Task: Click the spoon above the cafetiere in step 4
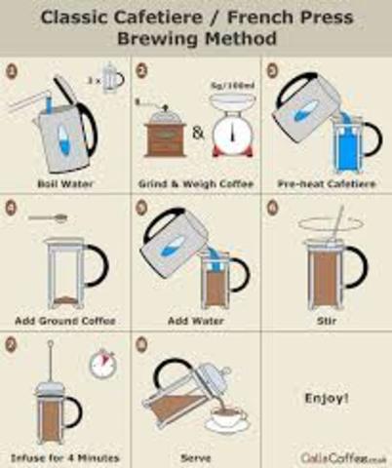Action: [x=48, y=218]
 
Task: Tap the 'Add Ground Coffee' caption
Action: [x=66, y=320]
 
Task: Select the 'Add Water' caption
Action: [x=195, y=320]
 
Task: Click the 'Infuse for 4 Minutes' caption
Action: [x=64, y=456]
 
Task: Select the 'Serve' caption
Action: [x=195, y=456]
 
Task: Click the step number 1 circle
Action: [x=11, y=70]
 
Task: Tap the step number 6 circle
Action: [x=272, y=207]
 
